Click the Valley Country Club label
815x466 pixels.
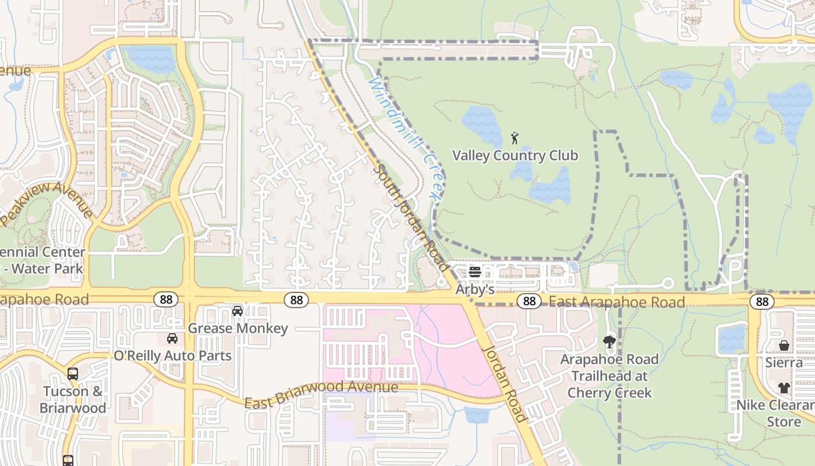tap(515, 156)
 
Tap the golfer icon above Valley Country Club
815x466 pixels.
tap(515, 139)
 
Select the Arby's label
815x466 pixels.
tap(474, 289)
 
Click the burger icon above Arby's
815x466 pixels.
tap(474, 272)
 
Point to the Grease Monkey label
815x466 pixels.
tap(238, 329)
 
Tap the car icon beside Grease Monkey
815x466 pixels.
tap(238, 311)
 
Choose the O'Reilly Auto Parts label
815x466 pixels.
tap(172, 356)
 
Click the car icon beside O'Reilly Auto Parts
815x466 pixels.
tap(172, 338)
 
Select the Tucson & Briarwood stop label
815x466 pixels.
tap(73, 399)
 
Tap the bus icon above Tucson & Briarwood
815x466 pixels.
tap(73, 374)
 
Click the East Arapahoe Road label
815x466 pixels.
tap(616, 302)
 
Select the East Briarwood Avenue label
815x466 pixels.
tap(321, 395)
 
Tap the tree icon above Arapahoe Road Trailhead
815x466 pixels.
tap(610, 342)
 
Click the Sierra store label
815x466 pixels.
tap(784, 363)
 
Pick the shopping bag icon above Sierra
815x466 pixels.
tap(784, 346)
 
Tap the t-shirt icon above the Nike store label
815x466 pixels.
tap(784, 388)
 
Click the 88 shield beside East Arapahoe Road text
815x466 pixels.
tap(529, 301)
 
